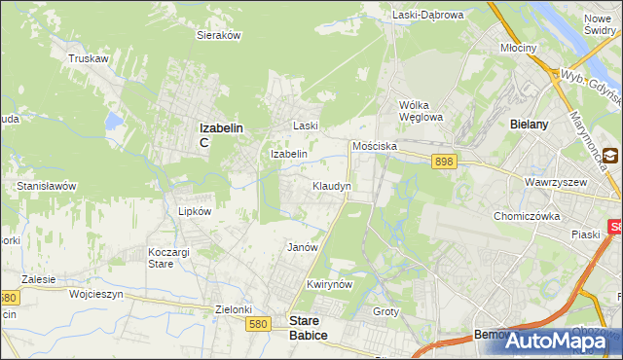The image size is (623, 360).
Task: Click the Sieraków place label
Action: coord(218,34)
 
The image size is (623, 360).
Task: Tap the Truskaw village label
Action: coord(87,58)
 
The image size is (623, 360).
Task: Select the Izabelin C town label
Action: coord(220,133)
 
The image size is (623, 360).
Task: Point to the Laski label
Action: coord(307,126)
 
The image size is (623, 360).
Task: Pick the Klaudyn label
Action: coord(331,185)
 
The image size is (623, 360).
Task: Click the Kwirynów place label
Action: coord(327,284)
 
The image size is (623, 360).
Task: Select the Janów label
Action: coord(303,247)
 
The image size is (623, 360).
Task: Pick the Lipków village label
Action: coord(195,209)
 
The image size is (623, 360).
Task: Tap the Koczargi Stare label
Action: coord(167,258)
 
